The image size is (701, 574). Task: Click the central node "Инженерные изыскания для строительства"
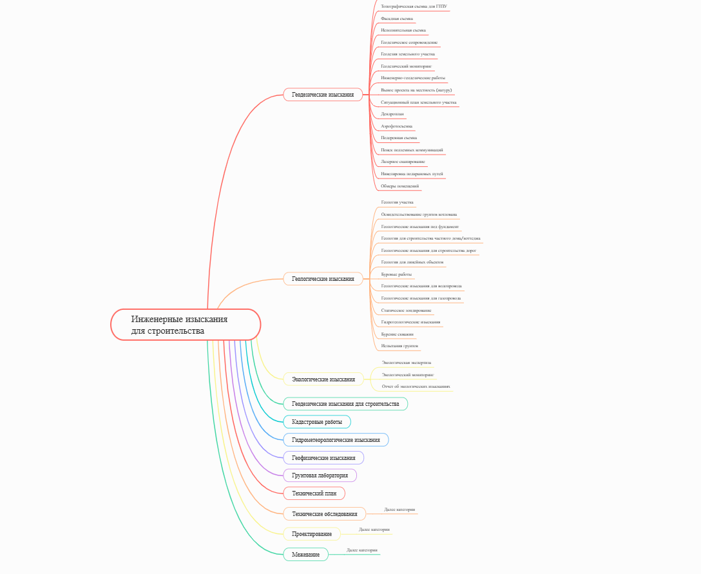[186, 325]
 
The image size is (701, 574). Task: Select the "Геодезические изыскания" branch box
[323, 95]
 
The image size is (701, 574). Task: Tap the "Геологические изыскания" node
[323, 279]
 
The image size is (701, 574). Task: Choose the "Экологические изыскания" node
[323, 379]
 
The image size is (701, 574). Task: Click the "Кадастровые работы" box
[317, 422]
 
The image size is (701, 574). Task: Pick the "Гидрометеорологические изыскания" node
[336, 440]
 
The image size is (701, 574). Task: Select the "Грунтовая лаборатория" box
[320, 475]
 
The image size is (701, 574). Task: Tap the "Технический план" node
[314, 493]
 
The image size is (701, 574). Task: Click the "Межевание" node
[305, 555]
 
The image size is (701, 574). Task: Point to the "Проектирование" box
[312, 534]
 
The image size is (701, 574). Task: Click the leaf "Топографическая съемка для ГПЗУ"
[414, 6]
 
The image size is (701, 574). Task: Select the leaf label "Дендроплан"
[392, 114]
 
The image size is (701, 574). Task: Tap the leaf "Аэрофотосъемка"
[397, 126]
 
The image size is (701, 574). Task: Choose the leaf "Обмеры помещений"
[400, 186]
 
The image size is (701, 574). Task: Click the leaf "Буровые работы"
[397, 274]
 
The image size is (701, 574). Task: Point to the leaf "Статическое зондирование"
[407, 311]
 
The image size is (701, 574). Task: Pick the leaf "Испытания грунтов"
[399, 346]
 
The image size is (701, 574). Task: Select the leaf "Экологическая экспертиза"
[407, 363]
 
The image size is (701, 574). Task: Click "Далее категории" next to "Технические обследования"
[399, 510]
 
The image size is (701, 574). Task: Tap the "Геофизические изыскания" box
[323, 458]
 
